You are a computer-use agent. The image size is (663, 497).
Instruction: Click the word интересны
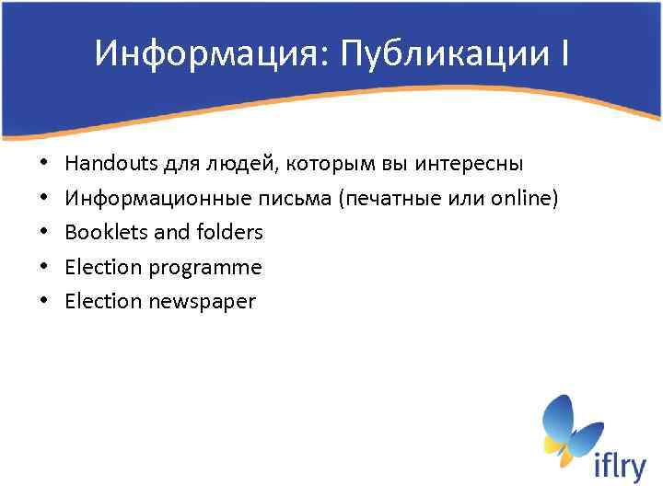coord(470,164)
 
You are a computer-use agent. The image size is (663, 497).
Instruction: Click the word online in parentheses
coord(520,198)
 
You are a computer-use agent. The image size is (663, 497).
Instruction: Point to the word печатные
coord(387,198)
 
